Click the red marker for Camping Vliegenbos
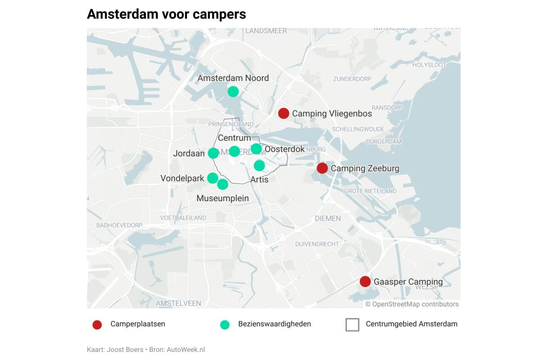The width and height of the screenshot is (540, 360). click(x=283, y=113)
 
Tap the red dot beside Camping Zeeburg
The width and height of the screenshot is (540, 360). click(x=322, y=168)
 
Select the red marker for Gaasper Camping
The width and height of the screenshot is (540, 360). click(x=365, y=282)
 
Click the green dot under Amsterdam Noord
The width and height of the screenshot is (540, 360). click(x=233, y=92)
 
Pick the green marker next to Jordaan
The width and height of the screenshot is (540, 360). click(x=213, y=153)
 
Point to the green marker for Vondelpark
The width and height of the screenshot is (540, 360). click(x=213, y=178)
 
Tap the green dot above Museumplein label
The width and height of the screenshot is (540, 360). click(x=223, y=184)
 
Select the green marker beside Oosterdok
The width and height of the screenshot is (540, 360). click(x=256, y=148)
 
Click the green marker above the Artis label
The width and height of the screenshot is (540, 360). click(x=260, y=166)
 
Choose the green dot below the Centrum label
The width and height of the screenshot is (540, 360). click(x=234, y=151)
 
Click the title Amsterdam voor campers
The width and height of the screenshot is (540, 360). click(x=166, y=14)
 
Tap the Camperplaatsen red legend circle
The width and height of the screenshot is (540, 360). click(x=97, y=324)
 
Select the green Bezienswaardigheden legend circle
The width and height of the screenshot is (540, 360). click(x=225, y=324)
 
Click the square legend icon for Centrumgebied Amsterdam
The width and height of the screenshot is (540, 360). click(x=352, y=324)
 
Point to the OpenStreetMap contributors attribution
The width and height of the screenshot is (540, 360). click(x=412, y=304)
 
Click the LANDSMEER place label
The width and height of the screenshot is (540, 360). click(x=266, y=31)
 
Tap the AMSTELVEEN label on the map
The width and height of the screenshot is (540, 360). click(x=179, y=303)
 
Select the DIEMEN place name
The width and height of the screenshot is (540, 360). click(x=328, y=218)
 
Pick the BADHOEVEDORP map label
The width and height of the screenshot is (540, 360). click(x=119, y=225)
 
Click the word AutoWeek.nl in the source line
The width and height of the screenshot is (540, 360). click(x=186, y=350)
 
